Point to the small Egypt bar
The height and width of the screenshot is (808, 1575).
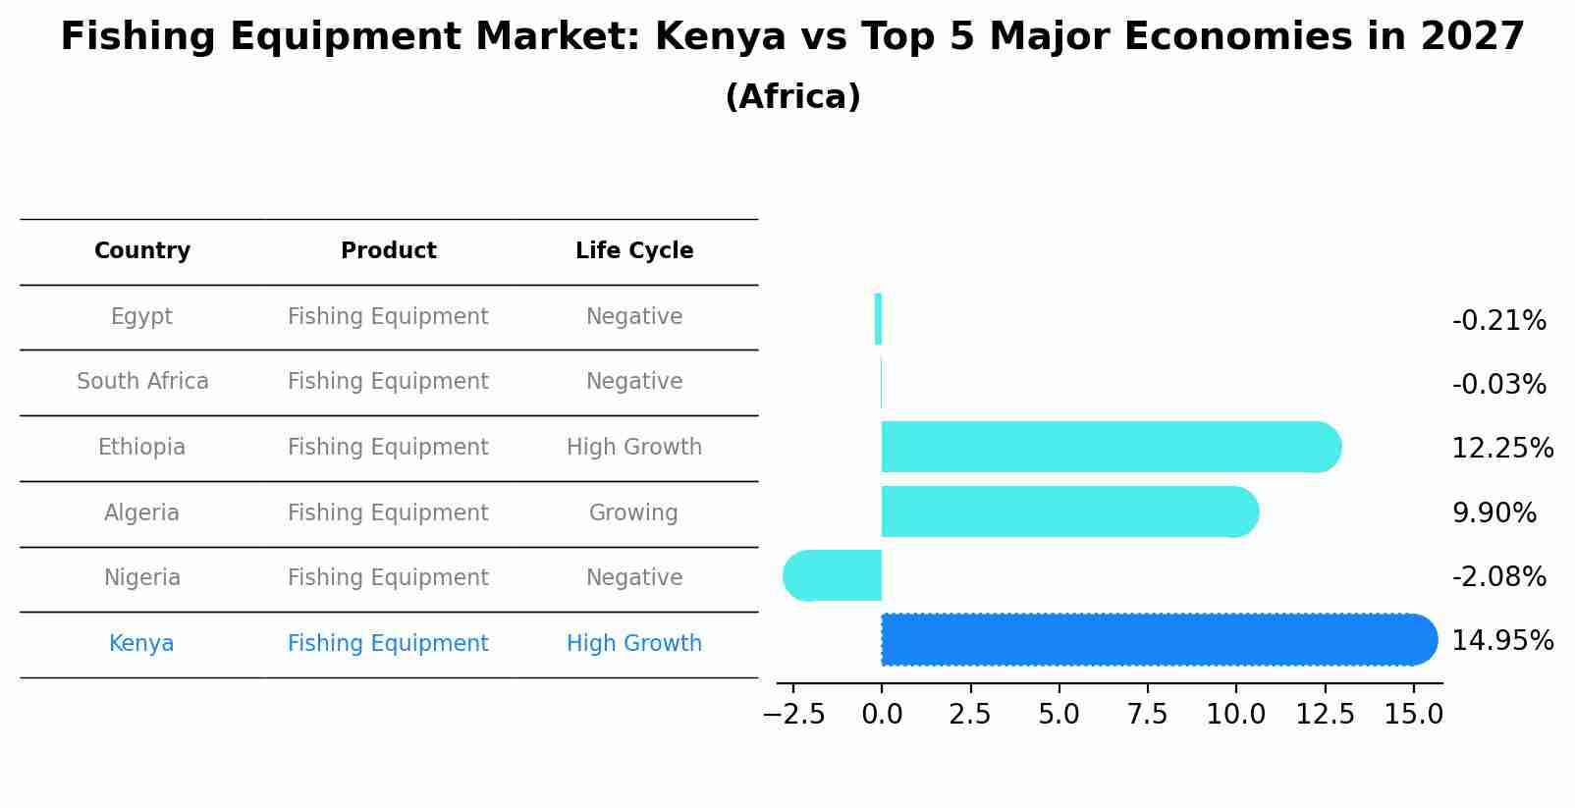click(x=878, y=319)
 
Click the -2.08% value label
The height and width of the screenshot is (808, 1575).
click(x=1498, y=577)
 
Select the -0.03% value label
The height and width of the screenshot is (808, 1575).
click(x=1498, y=385)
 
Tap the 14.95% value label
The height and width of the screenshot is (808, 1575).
click(x=1501, y=641)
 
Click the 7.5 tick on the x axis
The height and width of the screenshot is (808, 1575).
click(x=1147, y=715)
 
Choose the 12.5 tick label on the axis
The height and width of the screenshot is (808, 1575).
click(x=1325, y=715)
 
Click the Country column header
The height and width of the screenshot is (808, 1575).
click(x=142, y=251)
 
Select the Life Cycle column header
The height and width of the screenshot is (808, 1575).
click(x=634, y=251)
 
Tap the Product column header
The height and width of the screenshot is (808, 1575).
click(x=388, y=251)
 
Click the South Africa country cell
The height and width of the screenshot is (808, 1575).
click(x=142, y=382)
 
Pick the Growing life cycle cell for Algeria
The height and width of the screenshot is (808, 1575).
click(x=633, y=513)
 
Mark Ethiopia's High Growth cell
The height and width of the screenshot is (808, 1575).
click(x=633, y=448)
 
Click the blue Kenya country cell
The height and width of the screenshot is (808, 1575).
click(x=141, y=644)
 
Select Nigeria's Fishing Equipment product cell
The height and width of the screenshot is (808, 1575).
click(x=388, y=578)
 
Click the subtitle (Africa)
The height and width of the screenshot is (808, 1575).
click(x=792, y=97)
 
